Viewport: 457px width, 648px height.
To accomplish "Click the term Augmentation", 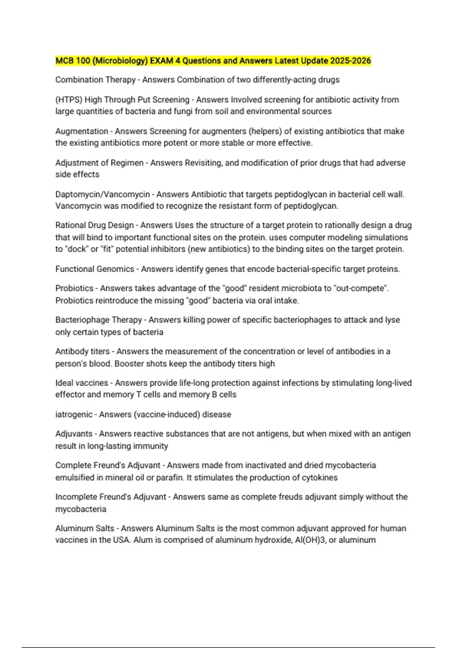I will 81,132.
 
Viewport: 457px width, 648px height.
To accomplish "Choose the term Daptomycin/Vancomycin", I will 102,194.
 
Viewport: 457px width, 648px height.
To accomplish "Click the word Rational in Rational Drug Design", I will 70,225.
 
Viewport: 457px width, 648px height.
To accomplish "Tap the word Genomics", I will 116,269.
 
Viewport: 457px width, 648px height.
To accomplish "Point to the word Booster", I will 129,364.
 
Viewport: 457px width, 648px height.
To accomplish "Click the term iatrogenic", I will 74,414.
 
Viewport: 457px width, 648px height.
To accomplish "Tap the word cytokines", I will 320,478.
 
